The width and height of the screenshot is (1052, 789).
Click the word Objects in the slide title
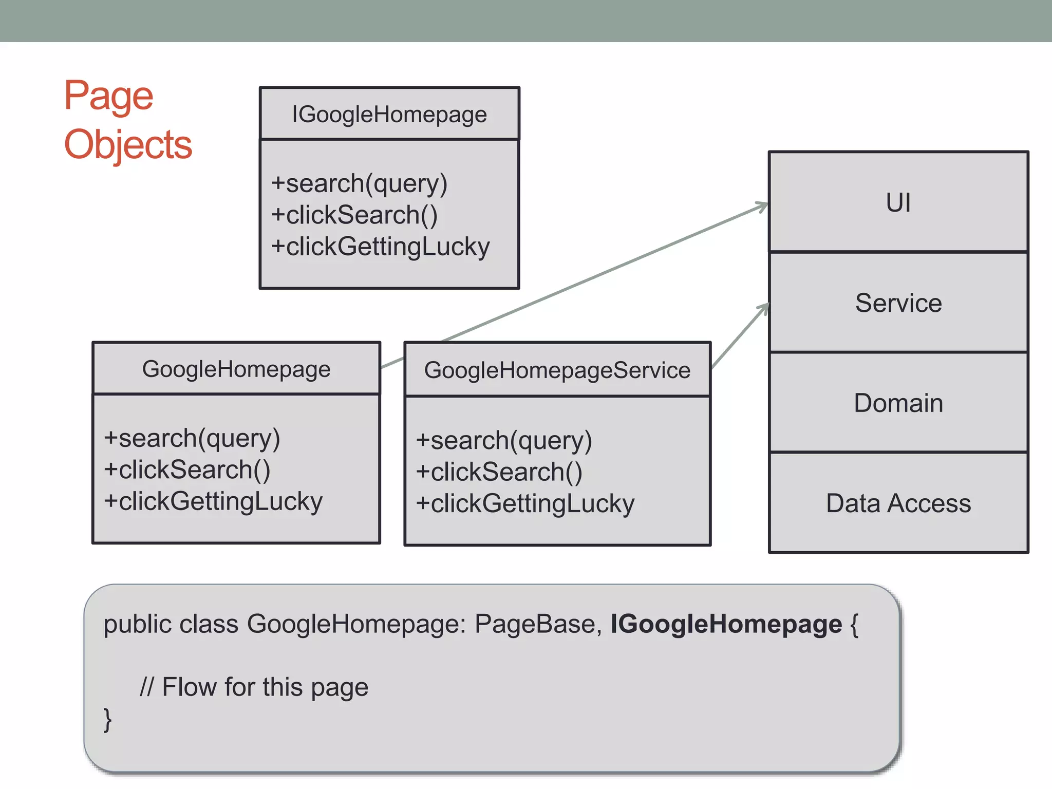point(128,145)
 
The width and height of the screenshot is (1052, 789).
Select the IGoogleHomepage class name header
point(389,114)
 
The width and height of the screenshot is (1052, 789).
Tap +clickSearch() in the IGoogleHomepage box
point(354,215)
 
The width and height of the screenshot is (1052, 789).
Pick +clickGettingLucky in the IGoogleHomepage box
point(380,247)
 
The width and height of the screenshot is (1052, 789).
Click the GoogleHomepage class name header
point(236,369)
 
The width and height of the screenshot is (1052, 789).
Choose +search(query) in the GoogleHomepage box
point(192,438)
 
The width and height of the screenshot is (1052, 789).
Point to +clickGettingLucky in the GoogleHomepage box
point(213,501)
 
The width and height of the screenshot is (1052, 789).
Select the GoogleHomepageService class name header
point(557,370)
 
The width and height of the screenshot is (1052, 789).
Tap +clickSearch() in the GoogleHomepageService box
point(499,472)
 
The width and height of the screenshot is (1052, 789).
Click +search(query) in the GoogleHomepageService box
point(503,441)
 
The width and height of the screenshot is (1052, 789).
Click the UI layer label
point(898,202)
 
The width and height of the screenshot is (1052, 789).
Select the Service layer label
point(898,303)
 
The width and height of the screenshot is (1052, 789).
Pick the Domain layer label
point(898,403)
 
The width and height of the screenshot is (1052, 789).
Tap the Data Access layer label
point(898,503)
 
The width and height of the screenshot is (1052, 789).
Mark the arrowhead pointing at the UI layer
point(762,206)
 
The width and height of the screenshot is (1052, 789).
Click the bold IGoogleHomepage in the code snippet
point(726,624)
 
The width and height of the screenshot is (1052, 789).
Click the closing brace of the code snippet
point(107,719)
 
